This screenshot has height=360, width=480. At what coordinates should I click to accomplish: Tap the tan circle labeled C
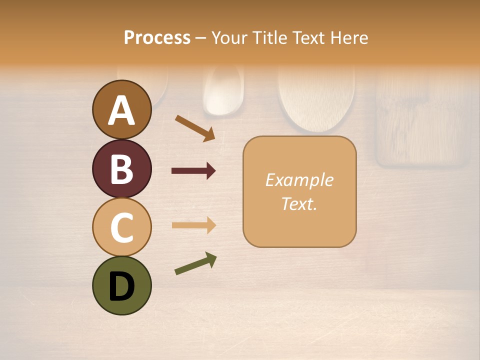point(121,227)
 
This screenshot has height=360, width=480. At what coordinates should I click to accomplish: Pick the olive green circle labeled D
point(121,285)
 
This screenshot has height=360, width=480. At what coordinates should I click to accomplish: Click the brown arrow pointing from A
point(194,128)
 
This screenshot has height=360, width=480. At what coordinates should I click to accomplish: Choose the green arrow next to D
point(195,263)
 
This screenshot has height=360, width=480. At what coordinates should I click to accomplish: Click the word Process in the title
point(157,37)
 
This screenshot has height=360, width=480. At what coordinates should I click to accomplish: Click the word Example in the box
point(299,180)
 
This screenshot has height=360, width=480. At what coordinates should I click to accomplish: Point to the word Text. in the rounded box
point(299,203)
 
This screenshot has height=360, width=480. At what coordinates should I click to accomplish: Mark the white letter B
point(121,169)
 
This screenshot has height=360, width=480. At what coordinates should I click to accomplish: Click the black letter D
point(121,286)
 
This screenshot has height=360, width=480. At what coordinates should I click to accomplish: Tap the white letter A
point(121,110)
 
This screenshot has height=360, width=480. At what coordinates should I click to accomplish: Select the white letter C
point(121,228)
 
